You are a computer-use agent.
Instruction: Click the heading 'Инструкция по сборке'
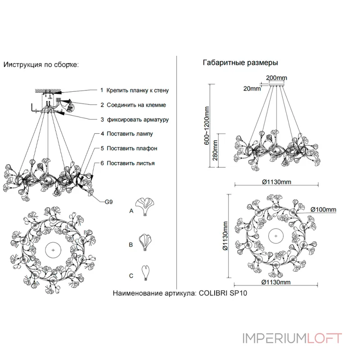[x=41, y=65]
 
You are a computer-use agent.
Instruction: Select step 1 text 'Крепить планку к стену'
[x=138, y=90]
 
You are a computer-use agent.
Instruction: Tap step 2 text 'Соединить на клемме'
[x=136, y=105]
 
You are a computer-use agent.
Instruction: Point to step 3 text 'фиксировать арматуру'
[x=138, y=120]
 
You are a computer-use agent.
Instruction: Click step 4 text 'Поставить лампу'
[x=130, y=134]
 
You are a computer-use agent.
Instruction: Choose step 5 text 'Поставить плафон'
[x=132, y=148]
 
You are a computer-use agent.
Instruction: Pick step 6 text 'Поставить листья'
[x=130, y=163]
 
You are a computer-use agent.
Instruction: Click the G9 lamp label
[x=108, y=202]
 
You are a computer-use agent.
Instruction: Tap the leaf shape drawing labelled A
[x=144, y=207]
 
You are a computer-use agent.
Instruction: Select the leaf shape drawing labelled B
[x=145, y=242]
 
